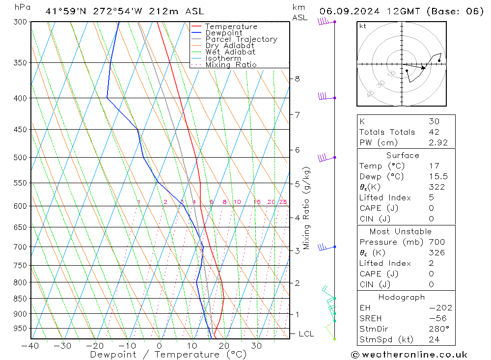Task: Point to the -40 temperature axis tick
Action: [x=30, y=346]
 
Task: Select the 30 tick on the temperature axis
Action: [x=256, y=346]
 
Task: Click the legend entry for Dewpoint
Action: [x=223, y=33]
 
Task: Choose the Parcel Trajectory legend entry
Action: [x=241, y=39]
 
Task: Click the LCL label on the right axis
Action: [x=306, y=334]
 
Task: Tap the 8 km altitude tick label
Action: [x=297, y=79]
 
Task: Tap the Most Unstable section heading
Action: [x=401, y=231]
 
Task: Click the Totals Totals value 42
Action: [x=434, y=132]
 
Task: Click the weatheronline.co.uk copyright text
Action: [x=409, y=354]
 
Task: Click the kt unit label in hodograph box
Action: [x=363, y=26]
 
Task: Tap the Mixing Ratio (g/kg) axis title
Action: [x=307, y=208]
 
